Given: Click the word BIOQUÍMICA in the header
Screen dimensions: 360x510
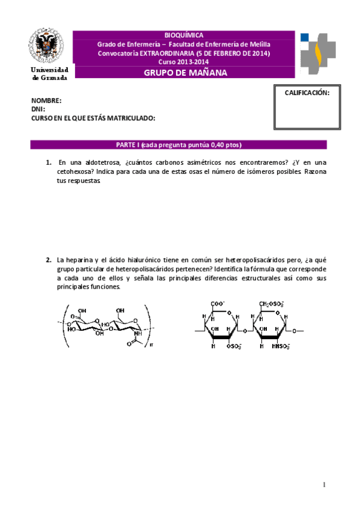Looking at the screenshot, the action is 183,35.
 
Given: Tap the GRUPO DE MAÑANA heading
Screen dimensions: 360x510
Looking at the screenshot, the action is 185,73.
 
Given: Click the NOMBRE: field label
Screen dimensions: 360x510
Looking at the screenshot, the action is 46,100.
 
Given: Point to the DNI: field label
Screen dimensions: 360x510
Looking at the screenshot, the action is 38,109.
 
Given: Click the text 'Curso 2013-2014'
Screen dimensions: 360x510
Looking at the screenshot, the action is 183,61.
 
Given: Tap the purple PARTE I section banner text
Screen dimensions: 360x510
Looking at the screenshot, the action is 178,145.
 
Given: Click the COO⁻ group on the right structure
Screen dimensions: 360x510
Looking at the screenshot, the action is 217,304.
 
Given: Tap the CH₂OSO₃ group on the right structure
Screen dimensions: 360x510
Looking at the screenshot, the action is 272,304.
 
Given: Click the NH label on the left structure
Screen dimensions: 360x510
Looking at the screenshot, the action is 139,334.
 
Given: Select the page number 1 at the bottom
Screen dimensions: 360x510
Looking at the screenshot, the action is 324,485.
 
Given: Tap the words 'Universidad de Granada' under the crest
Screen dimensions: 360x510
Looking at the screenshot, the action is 49,74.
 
